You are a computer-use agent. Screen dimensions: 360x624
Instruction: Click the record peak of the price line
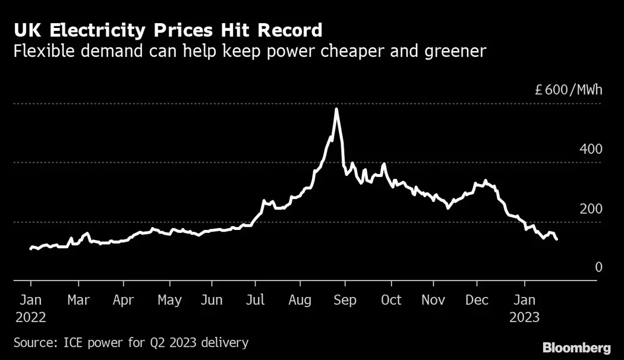pos(336,109)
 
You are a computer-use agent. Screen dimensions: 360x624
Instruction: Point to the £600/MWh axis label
pos(568,90)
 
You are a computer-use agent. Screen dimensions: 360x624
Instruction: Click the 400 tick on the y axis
pos(591,149)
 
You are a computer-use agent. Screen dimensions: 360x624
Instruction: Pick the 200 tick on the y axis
pos(591,209)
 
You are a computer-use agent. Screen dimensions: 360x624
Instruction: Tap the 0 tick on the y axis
pos(598,267)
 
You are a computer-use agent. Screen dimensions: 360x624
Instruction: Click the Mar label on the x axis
pos(78,300)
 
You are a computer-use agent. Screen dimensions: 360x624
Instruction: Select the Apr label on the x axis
pos(123,300)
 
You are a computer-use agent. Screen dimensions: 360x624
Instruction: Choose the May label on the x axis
pos(169,300)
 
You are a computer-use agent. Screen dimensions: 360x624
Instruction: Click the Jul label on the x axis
pos(256,300)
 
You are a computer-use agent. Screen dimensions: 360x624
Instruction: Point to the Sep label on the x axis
pos(345,300)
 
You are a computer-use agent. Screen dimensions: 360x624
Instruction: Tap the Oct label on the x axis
pos(390,300)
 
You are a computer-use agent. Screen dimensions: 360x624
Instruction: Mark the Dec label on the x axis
pos(477,300)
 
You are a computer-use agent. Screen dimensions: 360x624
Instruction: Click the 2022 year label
pos(30,317)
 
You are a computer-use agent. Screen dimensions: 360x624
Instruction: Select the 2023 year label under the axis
pos(524,317)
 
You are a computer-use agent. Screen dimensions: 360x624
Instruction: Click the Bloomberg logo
pos(576,347)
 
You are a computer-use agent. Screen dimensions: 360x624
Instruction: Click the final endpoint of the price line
pos(556,239)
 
